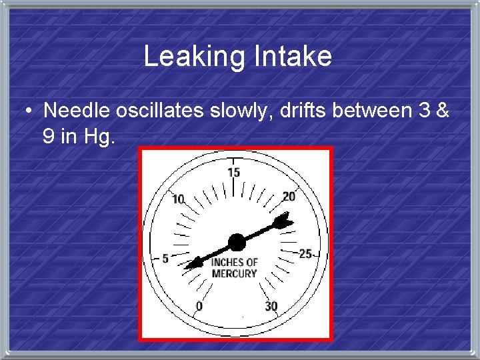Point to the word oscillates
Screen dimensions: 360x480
click(x=160, y=110)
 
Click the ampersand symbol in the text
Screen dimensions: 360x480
click(x=442, y=110)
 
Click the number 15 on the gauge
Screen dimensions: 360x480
click(x=234, y=173)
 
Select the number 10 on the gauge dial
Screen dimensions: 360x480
click(x=178, y=199)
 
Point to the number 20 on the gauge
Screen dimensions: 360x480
click(x=289, y=196)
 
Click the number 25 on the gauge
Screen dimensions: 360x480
click(x=305, y=253)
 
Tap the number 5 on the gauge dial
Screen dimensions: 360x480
click(x=165, y=258)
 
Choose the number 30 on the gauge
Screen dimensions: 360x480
click(x=271, y=306)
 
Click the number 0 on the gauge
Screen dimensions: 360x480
click(x=199, y=306)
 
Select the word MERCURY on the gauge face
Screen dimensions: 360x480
click(x=234, y=273)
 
